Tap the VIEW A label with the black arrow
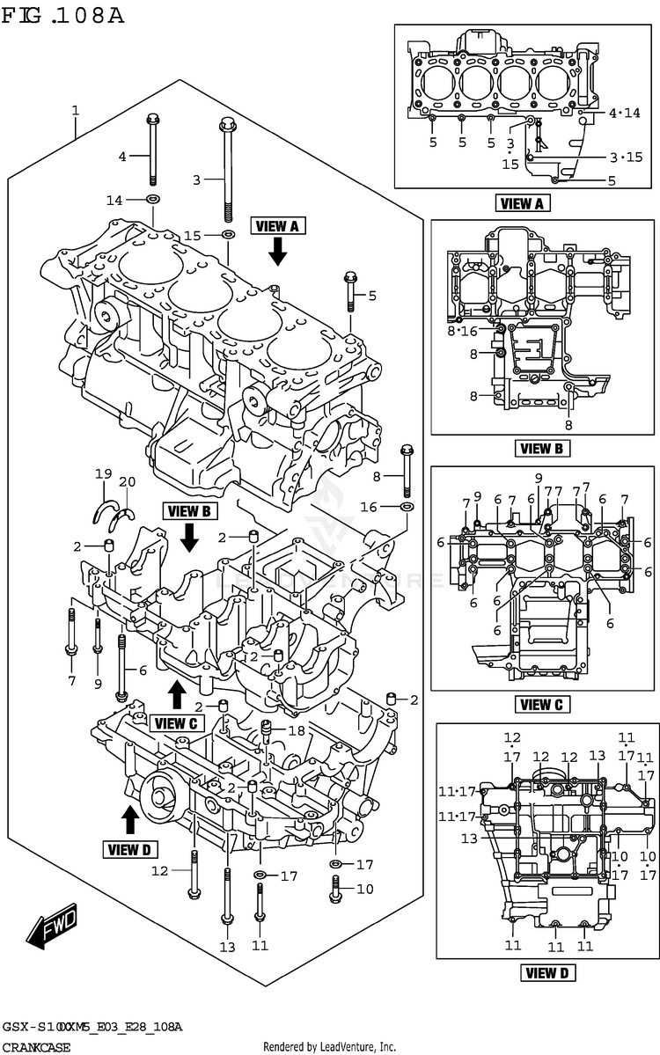tap(277, 226)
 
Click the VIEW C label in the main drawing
tap(176, 723)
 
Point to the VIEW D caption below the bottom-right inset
tap(547, 972)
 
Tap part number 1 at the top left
tap(76, 111)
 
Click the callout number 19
tap(104, 475)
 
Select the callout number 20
tap(127, 481)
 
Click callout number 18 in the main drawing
tap(296, 731)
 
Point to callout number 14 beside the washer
tap(114, 201)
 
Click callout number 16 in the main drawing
tap(368, 507)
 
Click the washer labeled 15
tap(228, 235)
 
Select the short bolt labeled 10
tap(335, 890)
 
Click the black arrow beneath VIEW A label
tap(277, 252)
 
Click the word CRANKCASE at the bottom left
tap(36, 1048)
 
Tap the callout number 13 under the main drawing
tap(228, 947)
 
